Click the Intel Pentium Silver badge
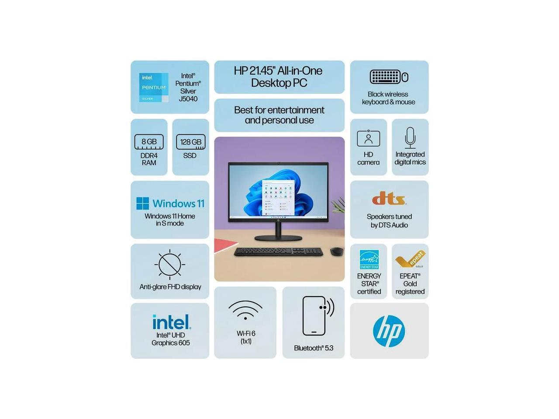coord(154,87)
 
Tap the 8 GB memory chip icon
coord(149,142)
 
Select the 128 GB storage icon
coord(190,142)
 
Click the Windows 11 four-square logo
coord(143,203)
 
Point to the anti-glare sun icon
coord(169,264)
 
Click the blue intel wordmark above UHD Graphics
coord(171,322)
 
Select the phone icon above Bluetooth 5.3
coord(314,316)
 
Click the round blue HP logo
coord(389,331)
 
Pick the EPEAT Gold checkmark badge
coord(410,259)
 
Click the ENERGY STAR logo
coord(369,260)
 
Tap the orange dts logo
coord(389,199)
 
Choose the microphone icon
coord(410,137)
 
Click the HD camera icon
coord(369,138)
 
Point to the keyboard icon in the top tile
coord(385,77)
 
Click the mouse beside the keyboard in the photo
coord(336,251)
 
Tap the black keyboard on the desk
coord(279,252)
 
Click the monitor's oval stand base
coord(278,238)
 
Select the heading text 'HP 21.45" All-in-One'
coord(278,71)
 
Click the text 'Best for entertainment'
coord(279,110)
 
